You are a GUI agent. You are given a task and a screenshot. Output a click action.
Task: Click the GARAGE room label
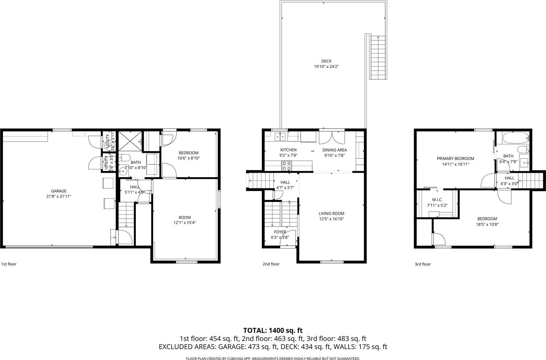coord(59,191)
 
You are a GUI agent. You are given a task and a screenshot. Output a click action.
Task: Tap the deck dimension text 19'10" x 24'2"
coord(326,67)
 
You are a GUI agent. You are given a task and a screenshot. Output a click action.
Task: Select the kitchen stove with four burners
coord(287,165)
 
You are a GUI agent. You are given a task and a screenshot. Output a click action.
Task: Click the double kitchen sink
coord(281,137)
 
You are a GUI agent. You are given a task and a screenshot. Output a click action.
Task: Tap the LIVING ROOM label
coord(331,214)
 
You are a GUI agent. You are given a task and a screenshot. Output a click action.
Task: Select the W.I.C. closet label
coord(437,200)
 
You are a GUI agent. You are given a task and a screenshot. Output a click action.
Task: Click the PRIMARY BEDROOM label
coord(456,158)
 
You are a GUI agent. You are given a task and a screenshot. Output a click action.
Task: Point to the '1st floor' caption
coord(9,264)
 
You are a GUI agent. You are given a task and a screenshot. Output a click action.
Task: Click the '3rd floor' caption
coord(422,264)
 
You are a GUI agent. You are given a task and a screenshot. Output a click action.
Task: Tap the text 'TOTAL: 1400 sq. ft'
coord(273,330)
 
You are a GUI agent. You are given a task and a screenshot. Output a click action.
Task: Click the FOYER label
coord(280,232)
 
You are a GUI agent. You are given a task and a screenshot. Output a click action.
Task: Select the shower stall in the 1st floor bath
coord(130,141)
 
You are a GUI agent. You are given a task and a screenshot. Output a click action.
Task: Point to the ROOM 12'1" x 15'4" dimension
coord(185,222)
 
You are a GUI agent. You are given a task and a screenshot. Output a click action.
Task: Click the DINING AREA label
coord(334,150)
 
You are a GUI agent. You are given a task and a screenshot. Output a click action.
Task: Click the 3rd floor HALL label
coord(509,178)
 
